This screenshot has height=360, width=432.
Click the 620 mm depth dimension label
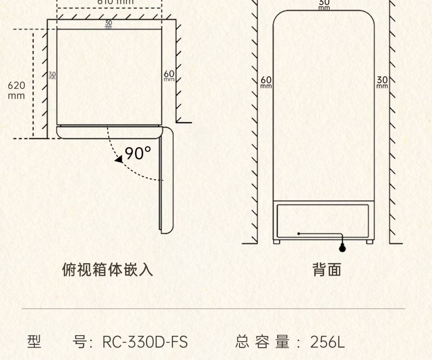point(17,90)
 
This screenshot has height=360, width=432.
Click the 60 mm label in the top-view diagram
point(169,75)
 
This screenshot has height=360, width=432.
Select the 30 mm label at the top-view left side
point(52,75)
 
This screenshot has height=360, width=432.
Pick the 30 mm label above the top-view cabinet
point(108,24)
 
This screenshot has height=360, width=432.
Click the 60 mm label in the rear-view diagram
point(266,82)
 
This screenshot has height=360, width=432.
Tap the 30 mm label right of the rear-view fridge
point(382,82)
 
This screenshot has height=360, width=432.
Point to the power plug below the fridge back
point(342,248)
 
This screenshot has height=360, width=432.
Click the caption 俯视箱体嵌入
point(107,270)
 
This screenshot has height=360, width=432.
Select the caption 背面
point(327,270)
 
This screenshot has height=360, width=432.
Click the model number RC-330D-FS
point(145,342)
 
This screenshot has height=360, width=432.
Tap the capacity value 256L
point(327,342)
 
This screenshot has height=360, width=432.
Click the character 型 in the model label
point(35,342)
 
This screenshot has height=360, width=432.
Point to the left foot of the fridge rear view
point(276,242)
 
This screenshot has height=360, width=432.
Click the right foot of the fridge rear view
point(370,242)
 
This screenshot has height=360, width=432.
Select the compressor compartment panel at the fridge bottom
point(323,220)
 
